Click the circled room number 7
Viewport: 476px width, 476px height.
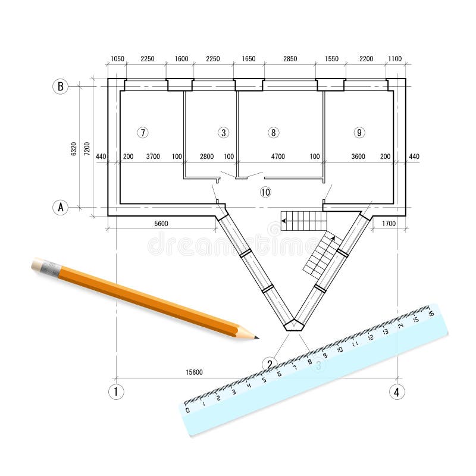click(x=142, y=133)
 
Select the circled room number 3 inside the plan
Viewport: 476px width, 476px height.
click(x=223, y=133)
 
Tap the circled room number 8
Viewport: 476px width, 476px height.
click(x=273, y=133)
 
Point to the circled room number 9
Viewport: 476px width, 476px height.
click(x=359, y=133)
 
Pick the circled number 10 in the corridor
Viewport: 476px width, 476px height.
click(x=265, y=192)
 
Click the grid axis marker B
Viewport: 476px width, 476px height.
click(x=60, y=86)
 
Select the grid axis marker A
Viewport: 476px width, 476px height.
click(x=60, y=207)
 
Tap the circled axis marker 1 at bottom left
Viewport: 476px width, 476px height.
click(x=116, y=392)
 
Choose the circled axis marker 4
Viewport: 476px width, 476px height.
click(x=397, y=392)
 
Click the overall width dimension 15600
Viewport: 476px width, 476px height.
click(x=194, y=372)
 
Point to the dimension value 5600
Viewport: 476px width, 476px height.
click(x=161, y=224)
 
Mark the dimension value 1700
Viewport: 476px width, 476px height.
click(x=388, y=224)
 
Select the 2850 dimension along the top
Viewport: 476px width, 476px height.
click(x=290, y=59)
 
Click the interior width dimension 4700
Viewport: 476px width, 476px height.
click(x=278, y=156)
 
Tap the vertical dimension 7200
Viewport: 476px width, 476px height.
click(x=87, y=148)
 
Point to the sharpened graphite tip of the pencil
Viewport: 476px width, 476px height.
click(x=256, y=337)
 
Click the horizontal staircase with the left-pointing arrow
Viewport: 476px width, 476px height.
click(x=304, y=221)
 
